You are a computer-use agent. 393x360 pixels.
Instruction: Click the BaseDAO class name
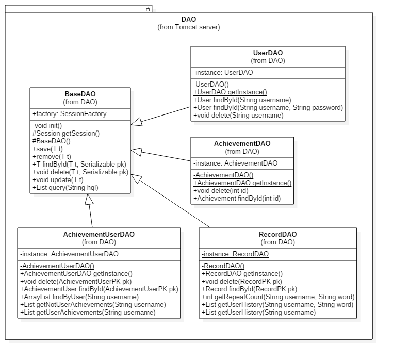tap(80, 94)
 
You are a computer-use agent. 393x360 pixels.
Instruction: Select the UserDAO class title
tap(268, 53)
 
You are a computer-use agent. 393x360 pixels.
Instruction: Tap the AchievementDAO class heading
tap(242, 143)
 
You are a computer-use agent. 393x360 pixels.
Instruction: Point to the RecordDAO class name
tap(277, 234)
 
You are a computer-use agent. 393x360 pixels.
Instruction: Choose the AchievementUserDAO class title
tap(99, 234)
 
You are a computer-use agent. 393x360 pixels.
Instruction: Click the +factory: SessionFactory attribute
tap(69, 113)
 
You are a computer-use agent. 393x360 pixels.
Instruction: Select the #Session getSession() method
tap(65, 133)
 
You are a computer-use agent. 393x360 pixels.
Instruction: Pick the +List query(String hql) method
tap(65, 187)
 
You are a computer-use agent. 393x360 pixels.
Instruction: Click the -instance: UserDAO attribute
tap(223, 72)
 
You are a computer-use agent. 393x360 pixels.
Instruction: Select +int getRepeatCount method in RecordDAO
tap(278, 297)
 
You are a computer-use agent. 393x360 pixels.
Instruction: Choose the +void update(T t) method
tap(58, 179)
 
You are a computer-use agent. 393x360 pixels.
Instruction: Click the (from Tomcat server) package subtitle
tap(188, 27)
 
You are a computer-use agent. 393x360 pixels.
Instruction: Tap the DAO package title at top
tap(188, 20)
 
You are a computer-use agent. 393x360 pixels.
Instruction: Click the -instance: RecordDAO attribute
tap(235, 254)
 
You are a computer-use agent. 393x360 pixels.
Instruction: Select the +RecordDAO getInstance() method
tap(242, 274)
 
